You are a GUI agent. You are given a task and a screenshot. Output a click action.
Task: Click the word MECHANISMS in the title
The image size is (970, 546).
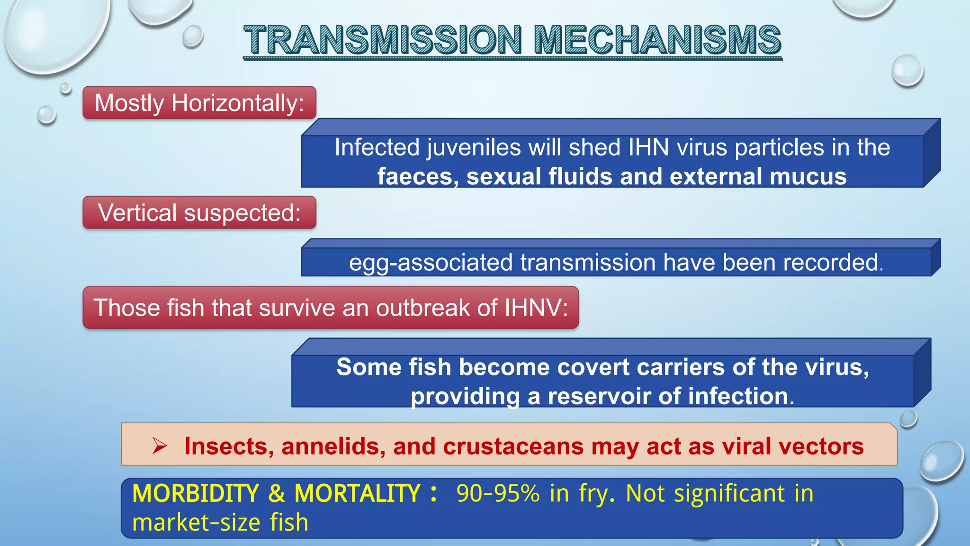pyautogui.click(x=657, y=40)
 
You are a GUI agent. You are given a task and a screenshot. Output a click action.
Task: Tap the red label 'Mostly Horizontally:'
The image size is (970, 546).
pyautogui.click(x=199, y=103)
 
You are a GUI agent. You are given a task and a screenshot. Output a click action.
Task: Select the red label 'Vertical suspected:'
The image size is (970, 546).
pyautogui.click(x=199, y=212)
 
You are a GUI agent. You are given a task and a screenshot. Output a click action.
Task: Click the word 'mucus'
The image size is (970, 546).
pyautogui.click(x=808, y=176)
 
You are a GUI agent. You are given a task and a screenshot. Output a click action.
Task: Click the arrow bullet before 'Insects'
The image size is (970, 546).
pyautogui.click(x=160, y=446)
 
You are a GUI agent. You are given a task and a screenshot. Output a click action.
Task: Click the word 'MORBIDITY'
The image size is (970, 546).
pyautogui.click(x=195, y=493)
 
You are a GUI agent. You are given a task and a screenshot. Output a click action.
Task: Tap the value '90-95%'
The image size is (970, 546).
pyautogui.click(x=498, y=493)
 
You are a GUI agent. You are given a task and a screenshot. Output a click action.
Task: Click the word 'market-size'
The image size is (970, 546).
pyautogui.click(x=196, y=522)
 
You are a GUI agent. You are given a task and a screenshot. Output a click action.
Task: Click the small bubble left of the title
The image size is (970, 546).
pyautogui.click(x=192, y=36)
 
